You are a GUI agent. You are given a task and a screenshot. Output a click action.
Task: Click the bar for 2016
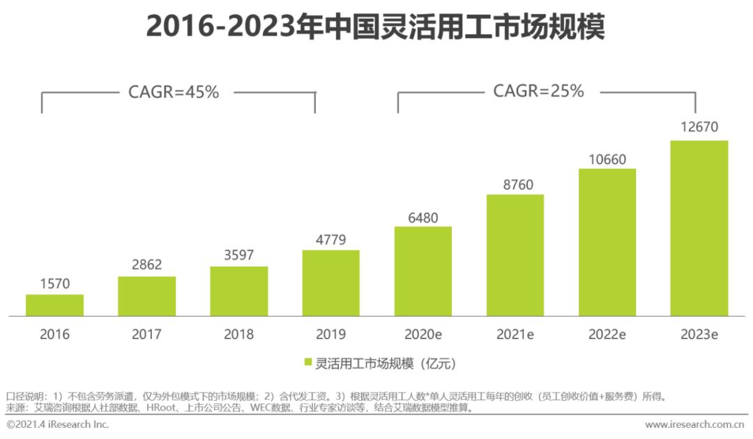click(54, 306)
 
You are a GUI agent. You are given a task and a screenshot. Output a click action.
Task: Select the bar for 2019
click(330, 283)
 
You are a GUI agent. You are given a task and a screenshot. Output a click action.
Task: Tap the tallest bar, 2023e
click(699, 228)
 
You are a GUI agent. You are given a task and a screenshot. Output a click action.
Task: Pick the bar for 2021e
click(515, 255)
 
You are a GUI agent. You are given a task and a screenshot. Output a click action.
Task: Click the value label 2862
click(146, 266)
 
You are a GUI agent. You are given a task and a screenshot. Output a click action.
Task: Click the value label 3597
click(238, 255)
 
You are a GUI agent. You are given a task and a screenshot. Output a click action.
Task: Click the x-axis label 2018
click(238, 334)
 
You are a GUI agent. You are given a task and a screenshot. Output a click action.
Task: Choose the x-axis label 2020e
click(423, 334)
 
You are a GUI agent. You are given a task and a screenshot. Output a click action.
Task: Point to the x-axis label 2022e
click(607, 334)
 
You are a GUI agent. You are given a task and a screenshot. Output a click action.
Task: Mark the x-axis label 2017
click(146, 334)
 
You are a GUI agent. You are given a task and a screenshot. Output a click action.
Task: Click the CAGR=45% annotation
click(174, 91)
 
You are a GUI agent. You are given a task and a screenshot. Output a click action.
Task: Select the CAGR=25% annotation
click(538, 91)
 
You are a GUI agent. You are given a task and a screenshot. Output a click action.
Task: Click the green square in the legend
click(307, 364)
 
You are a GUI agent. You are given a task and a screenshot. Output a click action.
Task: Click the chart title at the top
click(376, 28)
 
